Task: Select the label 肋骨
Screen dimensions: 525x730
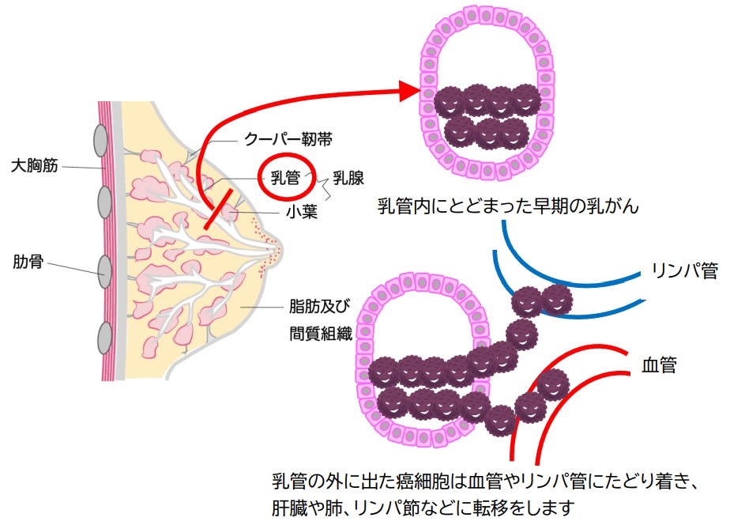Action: click(28, 260)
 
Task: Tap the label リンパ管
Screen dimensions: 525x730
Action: click(685, 270)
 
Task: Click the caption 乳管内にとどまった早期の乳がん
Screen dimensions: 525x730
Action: click(507, 207)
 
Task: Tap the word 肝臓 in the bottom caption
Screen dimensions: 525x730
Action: click(289, 506)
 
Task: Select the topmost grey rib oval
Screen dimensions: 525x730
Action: click(101, 141)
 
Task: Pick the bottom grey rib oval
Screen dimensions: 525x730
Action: click(103, 338)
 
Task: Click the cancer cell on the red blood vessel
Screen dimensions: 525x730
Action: click(553, 385)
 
